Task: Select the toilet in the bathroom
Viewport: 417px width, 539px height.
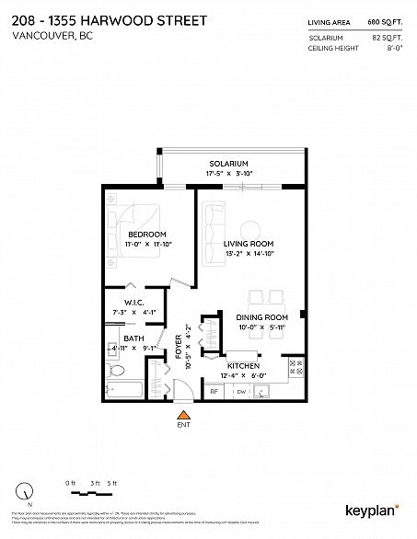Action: (114, 372)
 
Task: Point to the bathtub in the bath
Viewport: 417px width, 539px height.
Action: (125, 391)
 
